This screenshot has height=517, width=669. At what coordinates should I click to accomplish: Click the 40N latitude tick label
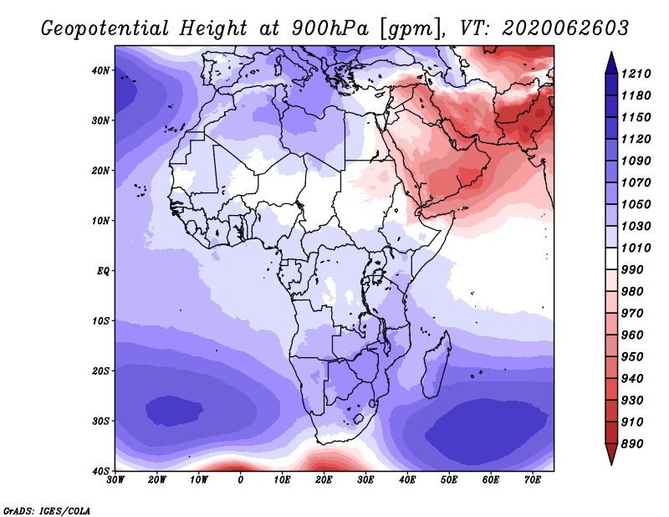click(x=100, y=70)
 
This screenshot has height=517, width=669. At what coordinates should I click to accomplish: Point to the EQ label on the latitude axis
click(x=103, y=271)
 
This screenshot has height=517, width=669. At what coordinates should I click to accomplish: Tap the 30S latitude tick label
click(x=100, y=421)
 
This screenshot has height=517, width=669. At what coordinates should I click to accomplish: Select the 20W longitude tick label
click(x=157, y=479)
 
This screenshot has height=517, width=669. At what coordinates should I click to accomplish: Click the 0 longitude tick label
click(x=241, y=479)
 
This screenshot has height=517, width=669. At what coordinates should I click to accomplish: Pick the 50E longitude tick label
click(x=449, y=479)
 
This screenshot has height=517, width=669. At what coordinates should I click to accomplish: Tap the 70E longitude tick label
click(x=533, y=479)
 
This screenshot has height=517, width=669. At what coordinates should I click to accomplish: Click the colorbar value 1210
click(x=636, y=74)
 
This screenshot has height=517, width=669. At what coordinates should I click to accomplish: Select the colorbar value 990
click(x=632, y=270)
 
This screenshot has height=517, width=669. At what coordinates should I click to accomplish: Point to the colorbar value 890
click(x=632, y=444)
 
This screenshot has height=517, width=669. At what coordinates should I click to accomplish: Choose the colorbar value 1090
click(x=636, y=161)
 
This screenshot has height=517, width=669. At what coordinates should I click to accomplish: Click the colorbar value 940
click(x=632, y=379)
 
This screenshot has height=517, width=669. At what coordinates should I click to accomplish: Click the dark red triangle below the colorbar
click(x=611, y=453)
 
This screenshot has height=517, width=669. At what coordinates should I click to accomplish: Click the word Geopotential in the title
click(x=105, y=28)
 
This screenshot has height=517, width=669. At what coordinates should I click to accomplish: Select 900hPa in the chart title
click(x=330, y=28)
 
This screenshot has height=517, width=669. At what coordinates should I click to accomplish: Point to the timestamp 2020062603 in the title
click(x=565, y=28)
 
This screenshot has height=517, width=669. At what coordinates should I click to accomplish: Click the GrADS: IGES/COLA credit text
click(x=47, y=510)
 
